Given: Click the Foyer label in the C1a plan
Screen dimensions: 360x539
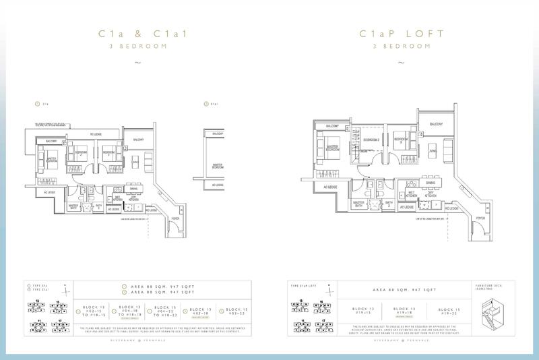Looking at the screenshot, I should (176, 218).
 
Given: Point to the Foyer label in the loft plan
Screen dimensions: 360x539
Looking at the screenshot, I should (480, 218).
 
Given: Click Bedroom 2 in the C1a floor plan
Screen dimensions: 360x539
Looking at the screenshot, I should (82, 153).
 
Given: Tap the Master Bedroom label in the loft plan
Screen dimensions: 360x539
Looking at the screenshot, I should (331, 148).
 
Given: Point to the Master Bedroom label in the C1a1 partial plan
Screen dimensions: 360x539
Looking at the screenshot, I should (218, 165).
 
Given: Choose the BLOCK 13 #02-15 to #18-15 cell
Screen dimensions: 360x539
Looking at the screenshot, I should (92, 311).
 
